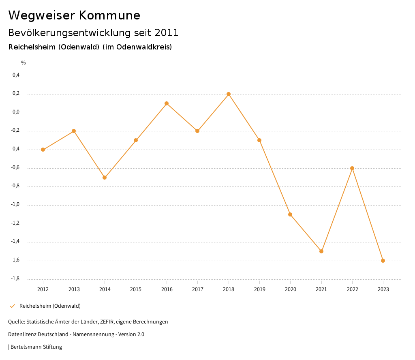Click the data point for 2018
click(x=229, y=94)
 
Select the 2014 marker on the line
click(x=105, y=178)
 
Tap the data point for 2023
click(x=383, y=261)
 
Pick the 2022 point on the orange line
click(x=352, y=168)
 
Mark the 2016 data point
click(x=167, y=103)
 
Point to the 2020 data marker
click(x=290, y=214)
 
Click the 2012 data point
click(x=43, y=150)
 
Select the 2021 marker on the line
click(x=321, y=251)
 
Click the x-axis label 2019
click(x=259, y=289)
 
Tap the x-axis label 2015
click(x=136, y=289)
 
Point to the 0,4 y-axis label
click(x=16, y=75)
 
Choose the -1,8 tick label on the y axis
click(x=15, y=279)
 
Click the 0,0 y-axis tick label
click(x=16, y=112)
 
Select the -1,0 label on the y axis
click(x=15, y=204)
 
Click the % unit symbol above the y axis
click(x=24, y=63)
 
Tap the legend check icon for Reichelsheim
click(x=12, y=306)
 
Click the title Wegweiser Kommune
click(x=74, y=15)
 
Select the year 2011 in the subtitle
click(x=166, y=33)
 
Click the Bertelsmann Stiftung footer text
click(x=36, y=347)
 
